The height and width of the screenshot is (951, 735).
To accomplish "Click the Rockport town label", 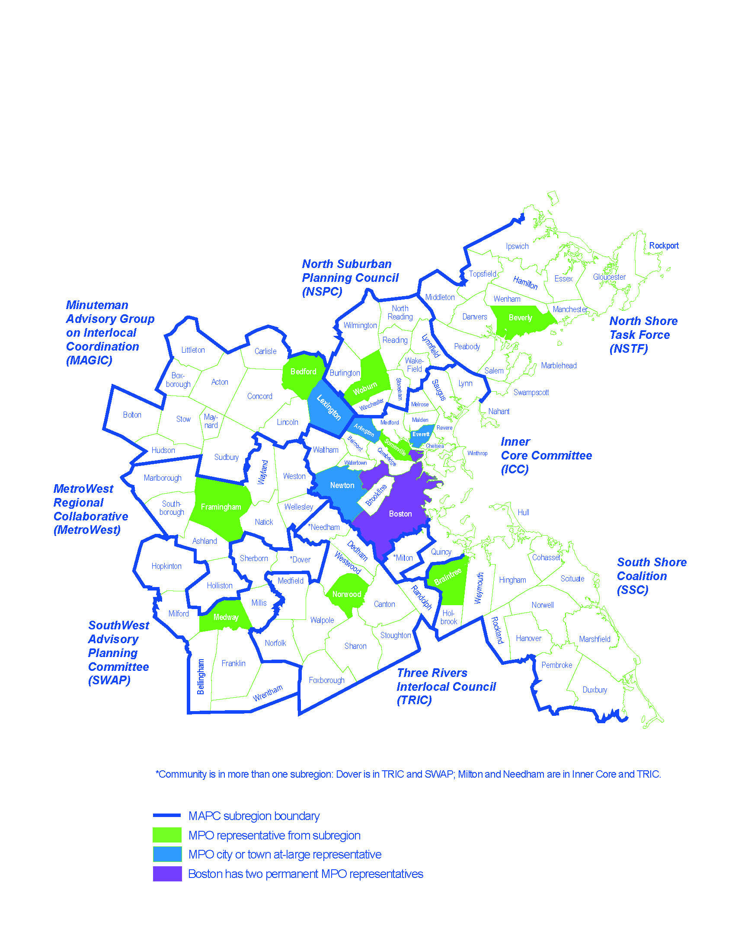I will tap(664, 246).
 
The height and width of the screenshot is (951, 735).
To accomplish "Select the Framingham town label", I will tap(221, 507).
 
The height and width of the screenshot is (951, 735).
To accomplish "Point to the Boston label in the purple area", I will tap(400, 514).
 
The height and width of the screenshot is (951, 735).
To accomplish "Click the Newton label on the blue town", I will tap(342, 485).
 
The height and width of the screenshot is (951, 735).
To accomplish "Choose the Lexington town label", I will tap(329, 407).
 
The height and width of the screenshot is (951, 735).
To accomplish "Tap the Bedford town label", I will tap(303, 371).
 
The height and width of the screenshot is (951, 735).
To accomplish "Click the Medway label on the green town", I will tap(226, 617).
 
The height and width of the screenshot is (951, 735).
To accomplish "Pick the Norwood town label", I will tap(347, 594).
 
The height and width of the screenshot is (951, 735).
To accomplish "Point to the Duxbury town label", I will tap(594, 690).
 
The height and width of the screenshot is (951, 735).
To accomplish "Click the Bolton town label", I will tap(132, 415).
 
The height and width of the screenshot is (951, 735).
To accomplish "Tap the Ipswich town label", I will tap(517, 246).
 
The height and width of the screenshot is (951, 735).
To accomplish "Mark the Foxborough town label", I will tap(326, 680).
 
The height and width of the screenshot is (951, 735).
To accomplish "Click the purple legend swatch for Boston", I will tap(167, 874).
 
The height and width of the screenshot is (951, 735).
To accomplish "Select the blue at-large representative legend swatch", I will tap(167, 854).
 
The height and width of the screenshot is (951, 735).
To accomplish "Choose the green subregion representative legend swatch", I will tap(167, 835).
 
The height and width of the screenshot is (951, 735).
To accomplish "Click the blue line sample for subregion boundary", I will tap(167, 816).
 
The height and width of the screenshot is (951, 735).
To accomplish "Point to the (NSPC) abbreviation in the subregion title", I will tap(322, 292).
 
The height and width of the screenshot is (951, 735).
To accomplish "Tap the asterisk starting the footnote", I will tap(157, 773).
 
